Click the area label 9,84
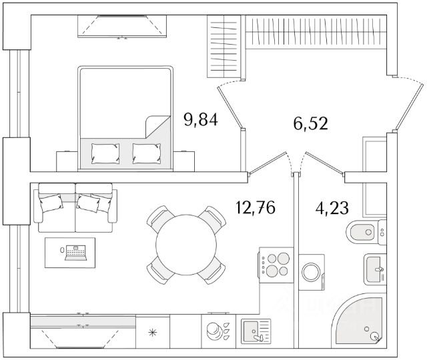click(201, 121)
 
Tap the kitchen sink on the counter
click(254, 331)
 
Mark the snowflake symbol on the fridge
click(152, 331)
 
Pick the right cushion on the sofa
click(90, 203)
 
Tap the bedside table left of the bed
click(66, 160)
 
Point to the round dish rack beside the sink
click(215, 331)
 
